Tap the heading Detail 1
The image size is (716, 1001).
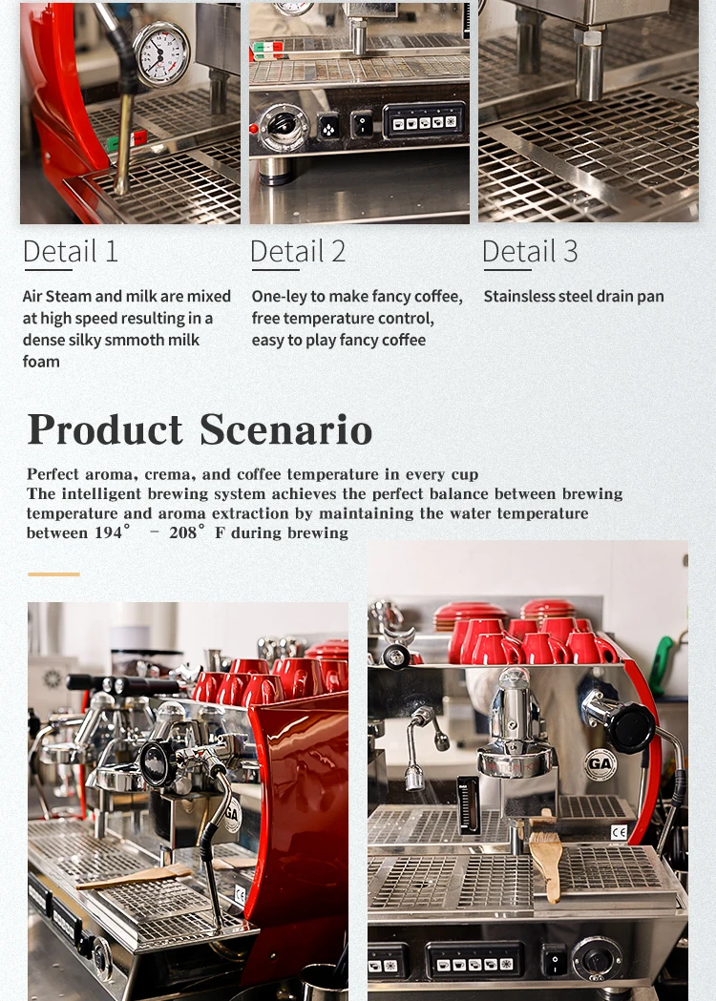tap(71, 251)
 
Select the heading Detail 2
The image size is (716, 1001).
tap(298, 251)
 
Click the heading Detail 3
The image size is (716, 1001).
tap(530, 251)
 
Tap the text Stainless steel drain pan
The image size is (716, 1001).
tap(573, 297)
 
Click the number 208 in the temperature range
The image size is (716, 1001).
tap(184, 532)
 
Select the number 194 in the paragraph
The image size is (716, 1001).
tap(108, 532)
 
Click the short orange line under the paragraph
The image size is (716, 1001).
tap(53, 574)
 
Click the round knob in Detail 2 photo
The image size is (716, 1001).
tap(282, 124)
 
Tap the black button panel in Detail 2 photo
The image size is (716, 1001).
tap(423, 122)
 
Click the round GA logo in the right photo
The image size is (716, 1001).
tap(600, 764)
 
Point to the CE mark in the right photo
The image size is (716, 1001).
tap(619, 832)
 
